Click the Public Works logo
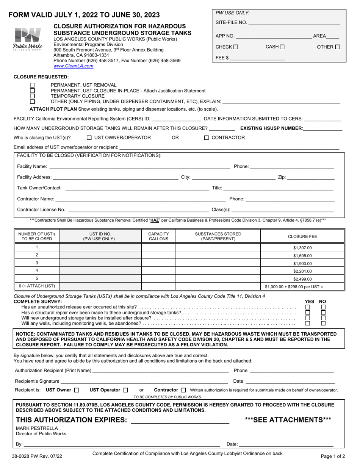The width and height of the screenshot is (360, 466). tap(28, 39)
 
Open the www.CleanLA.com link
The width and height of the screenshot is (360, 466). tap(73, 66)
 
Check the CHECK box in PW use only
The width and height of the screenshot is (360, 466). tap(236, 47)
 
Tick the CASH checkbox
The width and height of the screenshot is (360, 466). tap(282, 47)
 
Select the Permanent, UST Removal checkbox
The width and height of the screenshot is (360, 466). tap(32, 85)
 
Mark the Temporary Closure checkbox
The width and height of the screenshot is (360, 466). tap(32, 96)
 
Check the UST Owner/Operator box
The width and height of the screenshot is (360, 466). tap(89, 138)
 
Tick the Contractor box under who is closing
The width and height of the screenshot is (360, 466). tap(207, 138)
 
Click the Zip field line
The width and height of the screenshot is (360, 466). tap(311, 177)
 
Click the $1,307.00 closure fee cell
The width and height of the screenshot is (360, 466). tap(302, 248)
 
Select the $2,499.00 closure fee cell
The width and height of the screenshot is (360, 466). tap(302, 279)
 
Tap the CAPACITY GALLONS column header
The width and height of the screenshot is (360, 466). tap(158, 236)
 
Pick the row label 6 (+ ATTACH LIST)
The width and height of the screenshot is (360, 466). tap(37, 286)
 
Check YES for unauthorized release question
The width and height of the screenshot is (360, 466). tap(308, 307)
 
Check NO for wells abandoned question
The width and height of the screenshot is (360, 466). tap(323, 324)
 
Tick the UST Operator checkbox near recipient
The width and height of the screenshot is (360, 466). tap(126, 390)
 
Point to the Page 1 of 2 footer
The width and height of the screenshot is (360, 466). tap(333, 457)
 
